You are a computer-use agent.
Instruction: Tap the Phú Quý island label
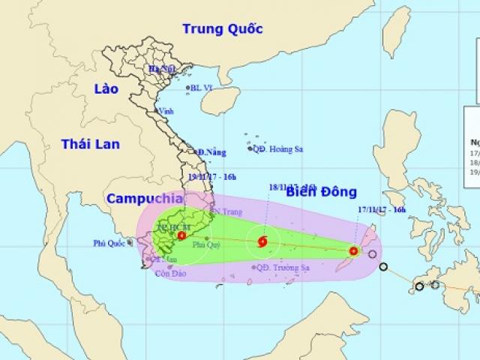tap(206, 244)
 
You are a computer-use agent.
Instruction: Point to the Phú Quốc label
tap(109, 242)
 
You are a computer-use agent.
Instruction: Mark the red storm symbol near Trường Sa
tap(262, 241)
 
